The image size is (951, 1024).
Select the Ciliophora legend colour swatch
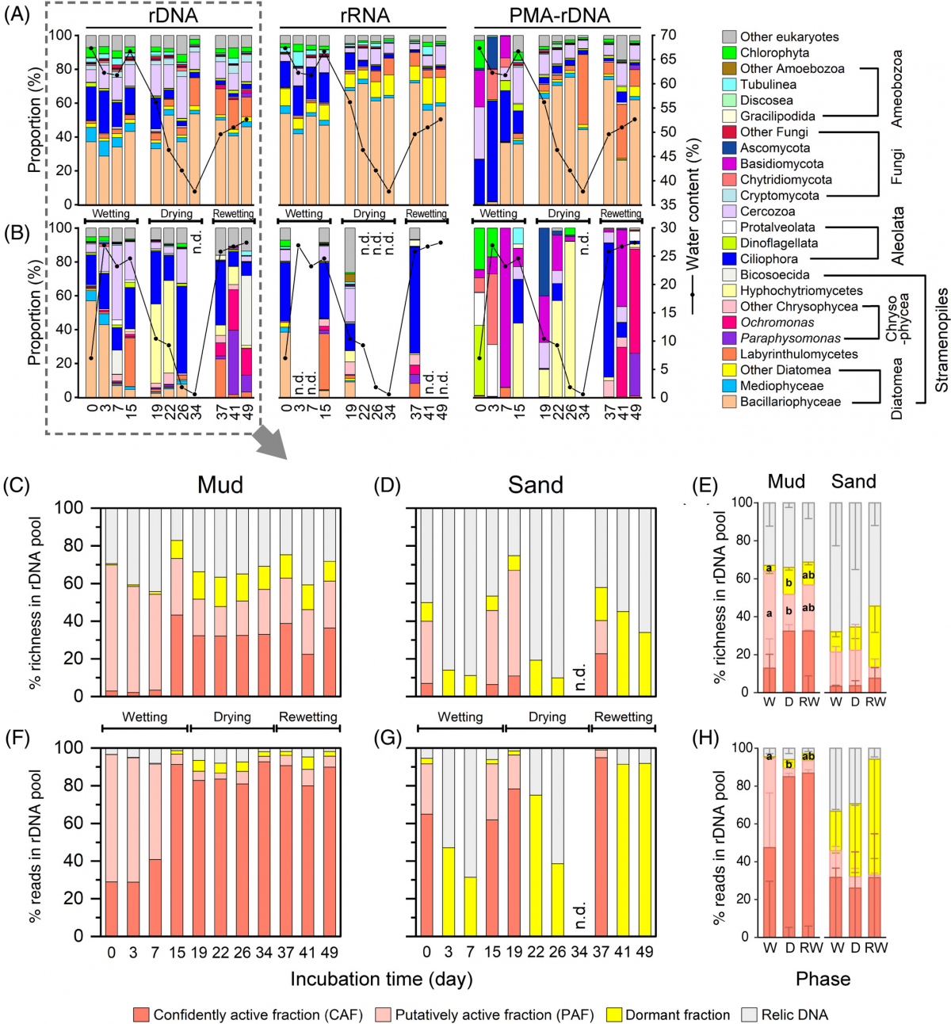730,259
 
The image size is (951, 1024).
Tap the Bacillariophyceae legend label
790,402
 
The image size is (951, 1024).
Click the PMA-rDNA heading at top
560,15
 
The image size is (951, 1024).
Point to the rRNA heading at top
364,15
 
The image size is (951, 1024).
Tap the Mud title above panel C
220,485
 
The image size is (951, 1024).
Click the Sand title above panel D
536,485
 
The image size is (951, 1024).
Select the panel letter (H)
705,739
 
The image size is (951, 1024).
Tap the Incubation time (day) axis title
381,979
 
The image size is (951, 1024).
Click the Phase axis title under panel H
823,979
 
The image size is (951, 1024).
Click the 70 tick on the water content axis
667,35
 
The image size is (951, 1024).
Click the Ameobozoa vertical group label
897,89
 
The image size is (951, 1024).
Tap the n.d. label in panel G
580,914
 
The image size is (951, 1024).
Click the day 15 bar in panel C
177,618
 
